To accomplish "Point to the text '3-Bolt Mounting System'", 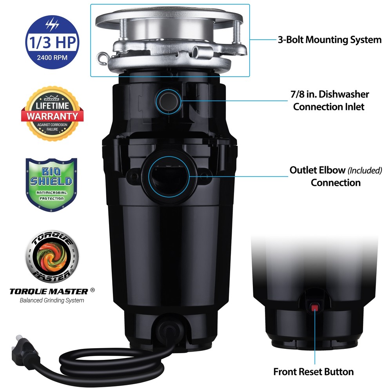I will point(330,40).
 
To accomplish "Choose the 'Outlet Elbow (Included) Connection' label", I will point(336,176).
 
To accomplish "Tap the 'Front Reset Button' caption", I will point(313,371).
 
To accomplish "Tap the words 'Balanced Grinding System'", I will point(52,301).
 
